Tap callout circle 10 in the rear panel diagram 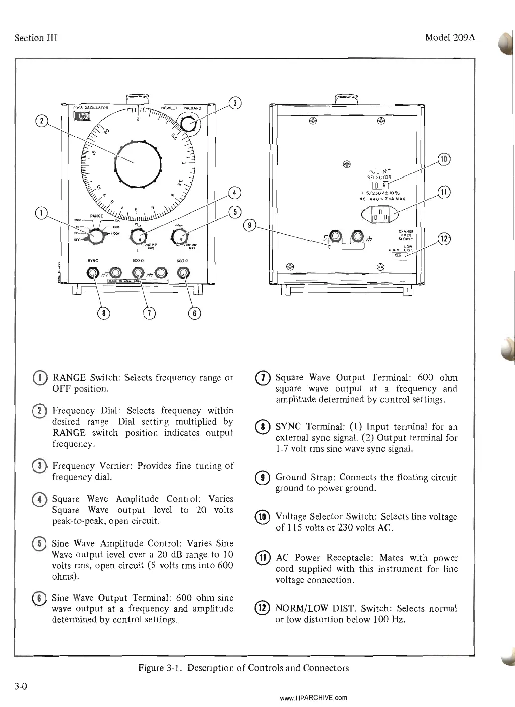444,159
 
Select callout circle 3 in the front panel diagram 235,103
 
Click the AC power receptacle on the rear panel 379,215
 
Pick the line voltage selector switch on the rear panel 379,185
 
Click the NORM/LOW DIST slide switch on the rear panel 399,256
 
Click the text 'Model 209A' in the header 450,38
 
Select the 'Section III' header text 36,38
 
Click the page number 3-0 21,686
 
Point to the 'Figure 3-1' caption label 159,668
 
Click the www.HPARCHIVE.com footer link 313,698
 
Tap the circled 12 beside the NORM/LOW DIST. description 263,609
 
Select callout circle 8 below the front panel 104,313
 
